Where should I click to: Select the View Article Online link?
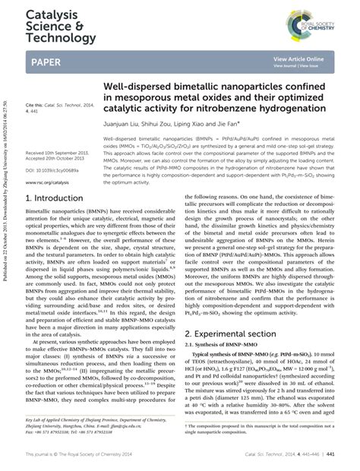(298, 58)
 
